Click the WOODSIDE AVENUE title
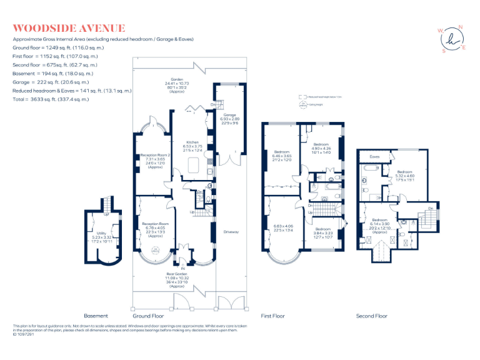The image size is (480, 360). tap(69, 28)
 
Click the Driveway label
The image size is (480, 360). tap(231, 232)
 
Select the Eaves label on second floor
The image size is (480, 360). tap(375, 157)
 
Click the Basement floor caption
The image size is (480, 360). tap(96, 316)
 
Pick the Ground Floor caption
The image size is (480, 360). tap(147, 316)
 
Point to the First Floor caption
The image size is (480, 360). tap(273, 316)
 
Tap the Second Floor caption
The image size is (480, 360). tap(372, 316)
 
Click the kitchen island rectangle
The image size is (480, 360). tap(192, 165)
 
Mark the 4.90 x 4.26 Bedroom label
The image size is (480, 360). tap(321, 148)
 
